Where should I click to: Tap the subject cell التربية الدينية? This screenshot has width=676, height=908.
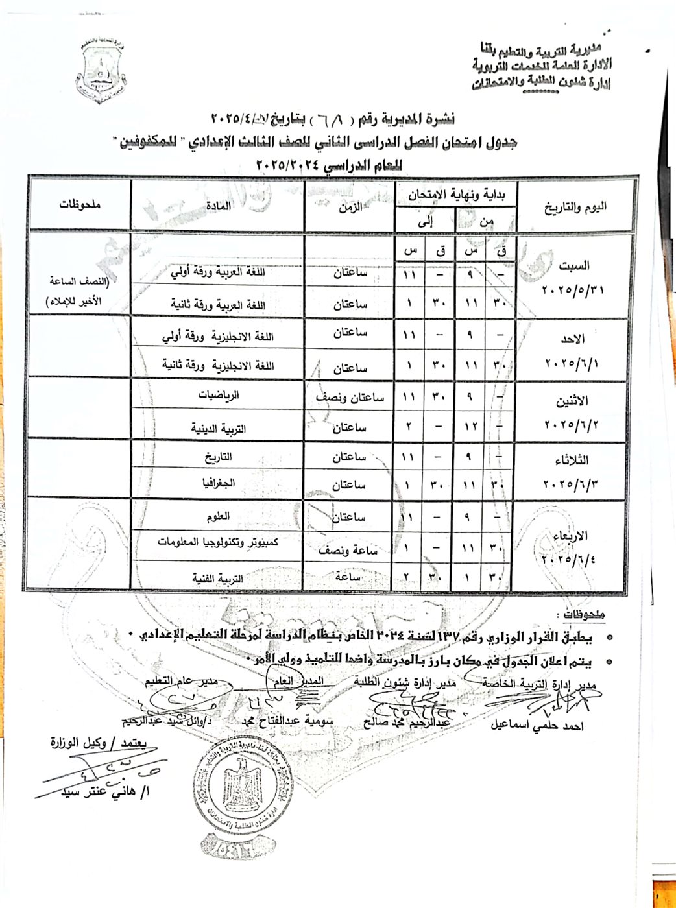pos(215,429)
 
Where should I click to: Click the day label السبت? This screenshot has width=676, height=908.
pos(575,265)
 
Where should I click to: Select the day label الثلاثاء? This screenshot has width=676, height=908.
pos(573,460)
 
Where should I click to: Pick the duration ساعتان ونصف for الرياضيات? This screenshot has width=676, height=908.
pos(350,398)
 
